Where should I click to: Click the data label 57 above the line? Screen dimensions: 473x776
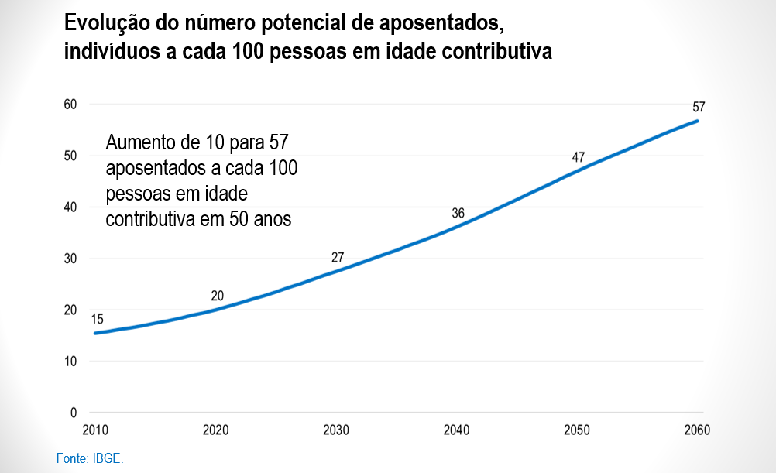699,107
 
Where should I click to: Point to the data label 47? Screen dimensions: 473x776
578,157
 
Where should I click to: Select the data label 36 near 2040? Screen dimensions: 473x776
458,213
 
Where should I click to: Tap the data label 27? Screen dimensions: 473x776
338,258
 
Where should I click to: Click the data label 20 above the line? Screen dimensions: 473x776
218,296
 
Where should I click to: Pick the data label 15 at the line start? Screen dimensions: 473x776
97,319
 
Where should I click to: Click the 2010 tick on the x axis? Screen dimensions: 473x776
94,430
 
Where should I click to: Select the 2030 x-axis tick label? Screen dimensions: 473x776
336,430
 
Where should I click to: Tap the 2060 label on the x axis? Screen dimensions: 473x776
697,430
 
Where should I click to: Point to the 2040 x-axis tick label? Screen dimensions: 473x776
457,430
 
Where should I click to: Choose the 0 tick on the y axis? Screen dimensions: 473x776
74,413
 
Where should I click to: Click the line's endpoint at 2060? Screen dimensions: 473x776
699,121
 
